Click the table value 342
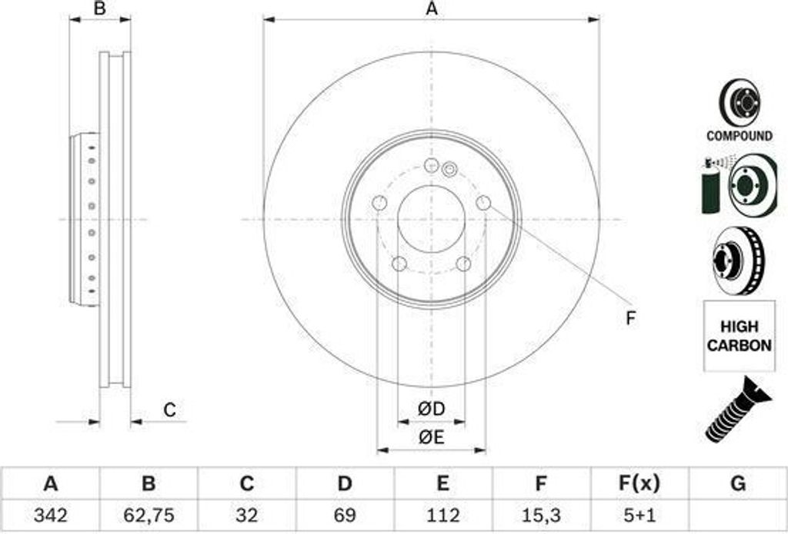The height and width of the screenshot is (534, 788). click(50, 514)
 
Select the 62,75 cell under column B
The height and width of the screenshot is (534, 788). click(149, 514)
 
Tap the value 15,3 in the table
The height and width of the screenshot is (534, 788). click(541, 514)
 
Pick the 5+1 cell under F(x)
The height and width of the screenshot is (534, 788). click(639, 514)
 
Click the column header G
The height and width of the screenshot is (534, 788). click(737, 484)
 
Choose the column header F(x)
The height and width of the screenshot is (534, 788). click(639, 484)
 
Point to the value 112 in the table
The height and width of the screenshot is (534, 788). click(442, 514)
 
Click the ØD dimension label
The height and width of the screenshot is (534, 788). click(431, 410)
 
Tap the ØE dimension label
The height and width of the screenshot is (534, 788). click(431, 437)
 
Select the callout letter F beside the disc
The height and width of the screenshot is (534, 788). click(630, 318)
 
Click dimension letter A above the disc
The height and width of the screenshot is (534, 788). click(432, 9)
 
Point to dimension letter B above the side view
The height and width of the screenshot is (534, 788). click(99, 9)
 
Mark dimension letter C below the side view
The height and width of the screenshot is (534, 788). click(170, 410)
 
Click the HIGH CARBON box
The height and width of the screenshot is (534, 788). click(739, 337)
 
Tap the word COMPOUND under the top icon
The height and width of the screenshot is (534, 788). click(739, 136)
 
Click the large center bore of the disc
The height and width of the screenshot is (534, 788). click(432, 219)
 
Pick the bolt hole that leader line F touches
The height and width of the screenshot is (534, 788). click(483, 202)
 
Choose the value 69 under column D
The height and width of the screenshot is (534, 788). click(345, 514)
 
